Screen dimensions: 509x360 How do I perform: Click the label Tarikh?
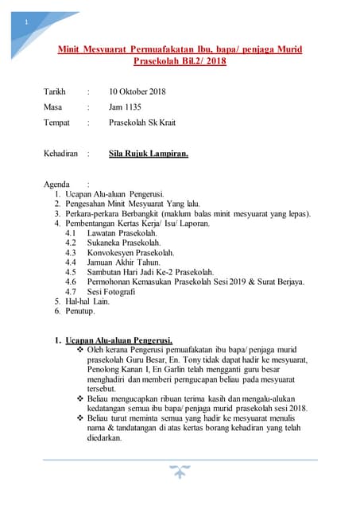click(56, 91)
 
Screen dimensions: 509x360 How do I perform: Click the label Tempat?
click(56, 122)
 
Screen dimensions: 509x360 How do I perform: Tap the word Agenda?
click(57, 184)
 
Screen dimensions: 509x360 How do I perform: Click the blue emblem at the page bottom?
click(180, 472)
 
